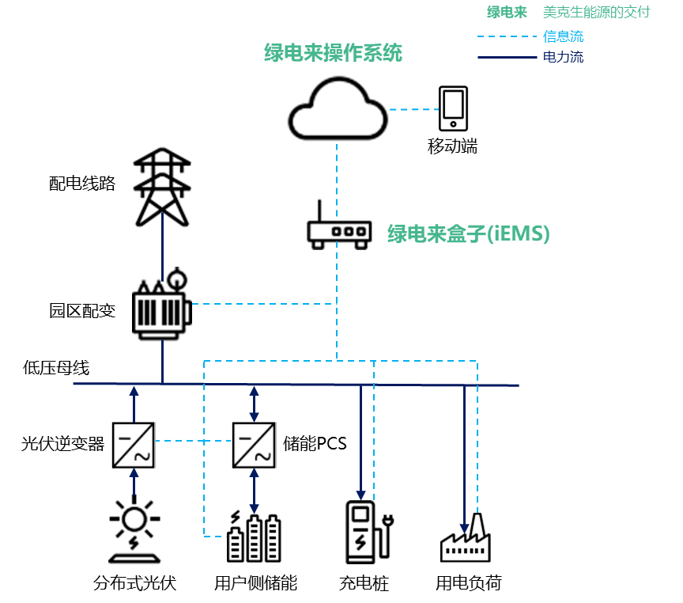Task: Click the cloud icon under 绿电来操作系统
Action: click(x=338, y=109)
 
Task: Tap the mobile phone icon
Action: click(x=453, y=109)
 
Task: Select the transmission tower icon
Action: click(x=162, y=187)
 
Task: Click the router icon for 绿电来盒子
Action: click(x=339, y=225)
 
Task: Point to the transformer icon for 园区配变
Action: click(x=162, y=305)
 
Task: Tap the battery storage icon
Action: click(x=254, y=536)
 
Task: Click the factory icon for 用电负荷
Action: click(x=465, y=538)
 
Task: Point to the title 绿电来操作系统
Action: click(x=333, y=53)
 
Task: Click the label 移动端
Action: click(x=452, y=146)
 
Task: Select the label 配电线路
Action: click(x=81, y=184)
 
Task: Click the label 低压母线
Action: click(x=56, y=367)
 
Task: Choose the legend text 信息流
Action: click(x=564, y=36)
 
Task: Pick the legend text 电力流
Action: click(x=564, y=57)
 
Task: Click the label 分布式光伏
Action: click(x=134, y=584)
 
